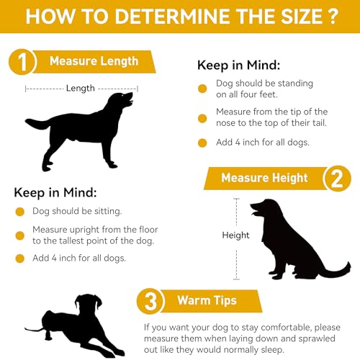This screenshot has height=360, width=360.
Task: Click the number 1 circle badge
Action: [x=22, y=62]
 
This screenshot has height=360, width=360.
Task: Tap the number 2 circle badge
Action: [x=337, y=179]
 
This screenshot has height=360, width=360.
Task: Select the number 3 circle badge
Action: [x=150, y=301]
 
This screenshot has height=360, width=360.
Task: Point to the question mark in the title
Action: [x=333, y=17]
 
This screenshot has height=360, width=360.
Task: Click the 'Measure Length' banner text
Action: [x=94, y=61]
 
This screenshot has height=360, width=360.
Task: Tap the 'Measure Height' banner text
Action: [x=264, y=178]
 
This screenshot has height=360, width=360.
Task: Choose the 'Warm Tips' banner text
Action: [x=207, y=301]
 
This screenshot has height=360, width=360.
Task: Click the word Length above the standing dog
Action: [x=81, y=89]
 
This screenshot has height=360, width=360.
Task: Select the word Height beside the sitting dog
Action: [x=235, y=235]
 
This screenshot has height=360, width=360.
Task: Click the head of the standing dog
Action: [x=121, y=100]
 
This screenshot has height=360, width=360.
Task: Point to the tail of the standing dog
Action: [x=37, y=124]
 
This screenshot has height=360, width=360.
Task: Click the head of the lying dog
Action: [x=89, y=304]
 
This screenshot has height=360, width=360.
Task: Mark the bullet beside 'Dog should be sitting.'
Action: [x=20, y=212]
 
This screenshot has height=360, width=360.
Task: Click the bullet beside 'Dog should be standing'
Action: [x=202, y=89]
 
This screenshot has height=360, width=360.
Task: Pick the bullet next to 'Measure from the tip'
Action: [x=202, y=118]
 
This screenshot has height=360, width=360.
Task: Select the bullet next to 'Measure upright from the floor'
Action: [x=20, y=235]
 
